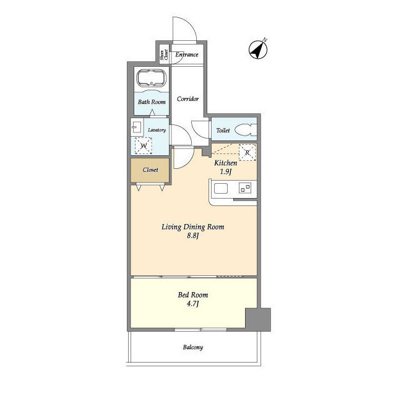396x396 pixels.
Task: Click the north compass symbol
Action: coord(258,49)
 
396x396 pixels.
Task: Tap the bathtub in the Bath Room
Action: coord(151,77)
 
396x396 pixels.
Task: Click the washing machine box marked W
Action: coord(143,145)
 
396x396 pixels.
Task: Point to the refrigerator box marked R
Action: coord(247,152)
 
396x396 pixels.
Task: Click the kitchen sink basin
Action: coord(221,188)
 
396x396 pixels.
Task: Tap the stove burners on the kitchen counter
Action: coord(245,188)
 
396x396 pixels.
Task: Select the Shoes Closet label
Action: coord(163,55)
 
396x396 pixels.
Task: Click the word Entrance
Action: coord(187,54)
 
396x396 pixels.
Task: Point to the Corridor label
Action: coord(187,99)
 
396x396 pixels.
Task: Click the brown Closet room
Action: coord(150,170)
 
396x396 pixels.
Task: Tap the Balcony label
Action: coord(193,347)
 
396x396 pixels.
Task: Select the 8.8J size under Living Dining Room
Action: coord(192,236)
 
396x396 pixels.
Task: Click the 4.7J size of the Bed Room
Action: coord(192,304)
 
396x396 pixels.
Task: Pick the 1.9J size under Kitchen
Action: coord(226,172)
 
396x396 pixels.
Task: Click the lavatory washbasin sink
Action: coord(137,127)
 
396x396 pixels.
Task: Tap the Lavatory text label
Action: coord(157,130)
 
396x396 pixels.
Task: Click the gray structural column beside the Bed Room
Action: coord(258,319)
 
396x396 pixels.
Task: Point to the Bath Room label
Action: coord(152,102)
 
